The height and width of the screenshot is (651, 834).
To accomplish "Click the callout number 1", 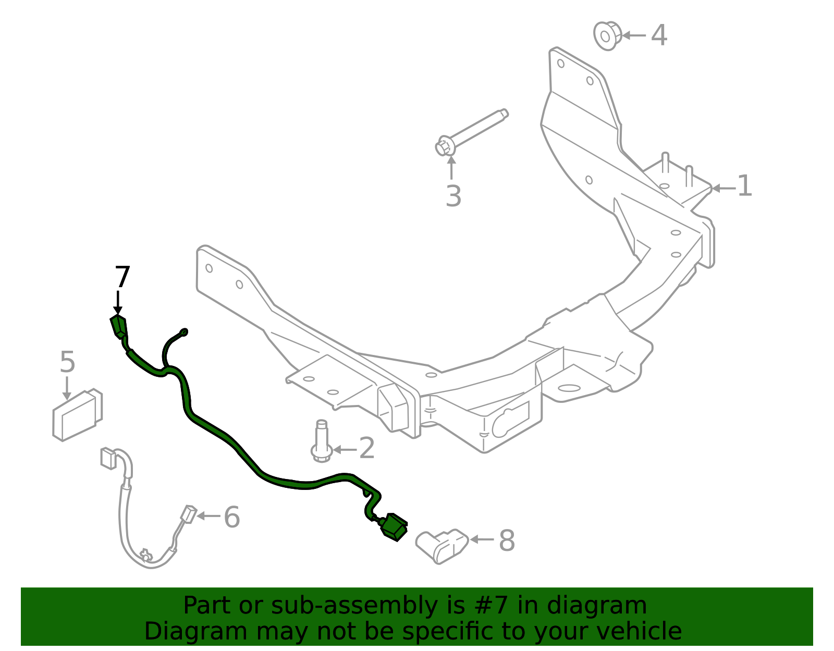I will [745, 186].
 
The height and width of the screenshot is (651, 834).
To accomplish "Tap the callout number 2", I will [367, 448].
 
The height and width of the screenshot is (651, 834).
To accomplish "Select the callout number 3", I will [453, 196].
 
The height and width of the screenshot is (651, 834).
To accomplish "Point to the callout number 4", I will [659, 35].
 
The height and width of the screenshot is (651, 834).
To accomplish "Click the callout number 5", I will [67, 362].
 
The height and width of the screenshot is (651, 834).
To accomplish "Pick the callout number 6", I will [231, 517].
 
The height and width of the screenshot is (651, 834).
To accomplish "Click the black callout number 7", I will [122, 277].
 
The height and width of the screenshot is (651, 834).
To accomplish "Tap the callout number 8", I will [507, 541].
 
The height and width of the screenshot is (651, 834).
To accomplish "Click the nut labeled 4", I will [607, 35].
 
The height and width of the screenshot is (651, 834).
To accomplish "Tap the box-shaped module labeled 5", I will [77, 414].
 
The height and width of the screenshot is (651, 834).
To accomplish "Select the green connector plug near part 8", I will [394, 526].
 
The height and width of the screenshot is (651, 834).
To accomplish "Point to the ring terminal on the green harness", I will [183, 332].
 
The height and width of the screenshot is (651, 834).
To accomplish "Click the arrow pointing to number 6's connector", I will [209, 516].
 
